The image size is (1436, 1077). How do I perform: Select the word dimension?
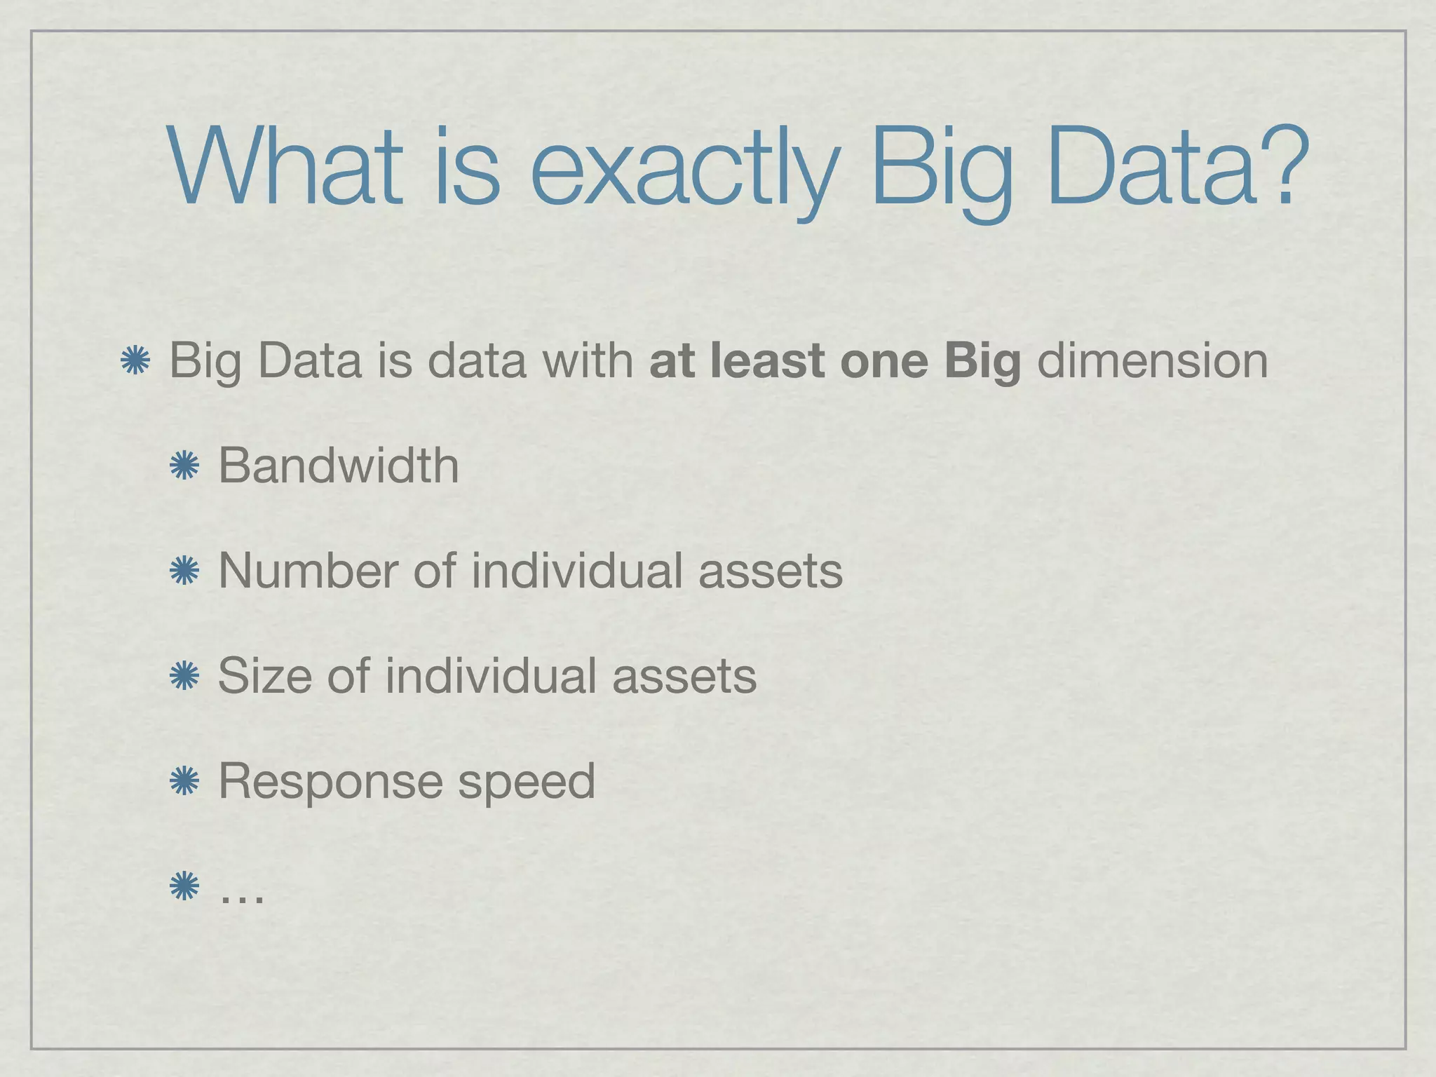1152,360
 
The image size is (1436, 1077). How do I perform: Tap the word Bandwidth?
339,466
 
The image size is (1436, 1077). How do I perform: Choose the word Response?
330,783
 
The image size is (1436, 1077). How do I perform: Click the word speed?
527,783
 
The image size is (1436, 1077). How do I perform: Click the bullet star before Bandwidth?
184,466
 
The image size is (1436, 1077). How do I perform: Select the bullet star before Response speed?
184,781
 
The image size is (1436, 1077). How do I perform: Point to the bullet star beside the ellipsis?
184,886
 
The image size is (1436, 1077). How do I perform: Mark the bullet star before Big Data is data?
135,362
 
